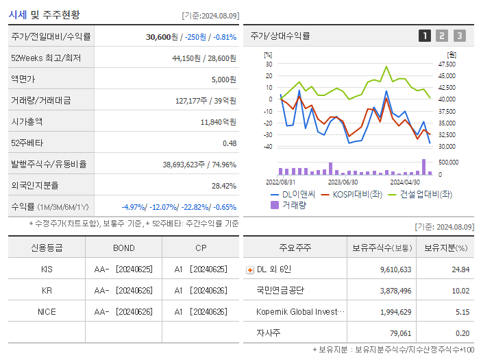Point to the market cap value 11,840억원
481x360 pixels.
[219, 122]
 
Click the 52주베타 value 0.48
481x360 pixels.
[229, 143]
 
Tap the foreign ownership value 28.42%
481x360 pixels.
[223, 186]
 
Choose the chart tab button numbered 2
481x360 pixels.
[442, 36]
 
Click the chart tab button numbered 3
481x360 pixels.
[459, 36]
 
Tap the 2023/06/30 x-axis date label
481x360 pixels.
[343, 182]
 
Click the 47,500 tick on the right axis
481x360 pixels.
[447, 64]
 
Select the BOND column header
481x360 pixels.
[124, 248]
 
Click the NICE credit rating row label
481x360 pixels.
[47, 312]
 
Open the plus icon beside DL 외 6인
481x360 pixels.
[249, 270]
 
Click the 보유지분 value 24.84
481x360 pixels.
[460, 269]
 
